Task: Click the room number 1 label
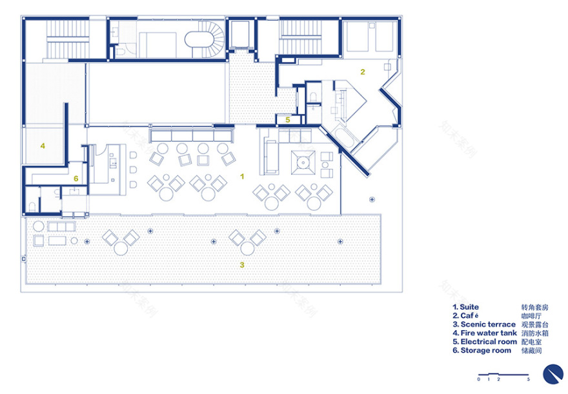(x=242, y=176)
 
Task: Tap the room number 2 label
(x=363, y=72)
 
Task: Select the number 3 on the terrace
(x=242, y=265)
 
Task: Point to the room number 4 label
(x=43, y=146)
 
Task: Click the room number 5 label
(x=288, y=120)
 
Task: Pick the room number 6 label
(x=76, y=179)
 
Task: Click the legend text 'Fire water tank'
(x=489, y=333)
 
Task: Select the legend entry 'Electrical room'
(x=489, y=342)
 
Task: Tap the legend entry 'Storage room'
(x=486, y=350)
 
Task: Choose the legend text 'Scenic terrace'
(x=488, y=324)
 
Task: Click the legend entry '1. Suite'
(x=465, y=307)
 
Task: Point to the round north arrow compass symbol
(x=553, y=374)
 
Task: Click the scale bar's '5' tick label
(x=529, y=379)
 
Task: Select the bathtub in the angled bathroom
(x=347, y=137)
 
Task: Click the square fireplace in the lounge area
(x=303, y=163)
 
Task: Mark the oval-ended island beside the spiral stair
(x=199, y=39)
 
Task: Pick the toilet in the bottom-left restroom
(x=32, y=206)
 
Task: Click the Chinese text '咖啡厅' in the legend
(x=531, y=316)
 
